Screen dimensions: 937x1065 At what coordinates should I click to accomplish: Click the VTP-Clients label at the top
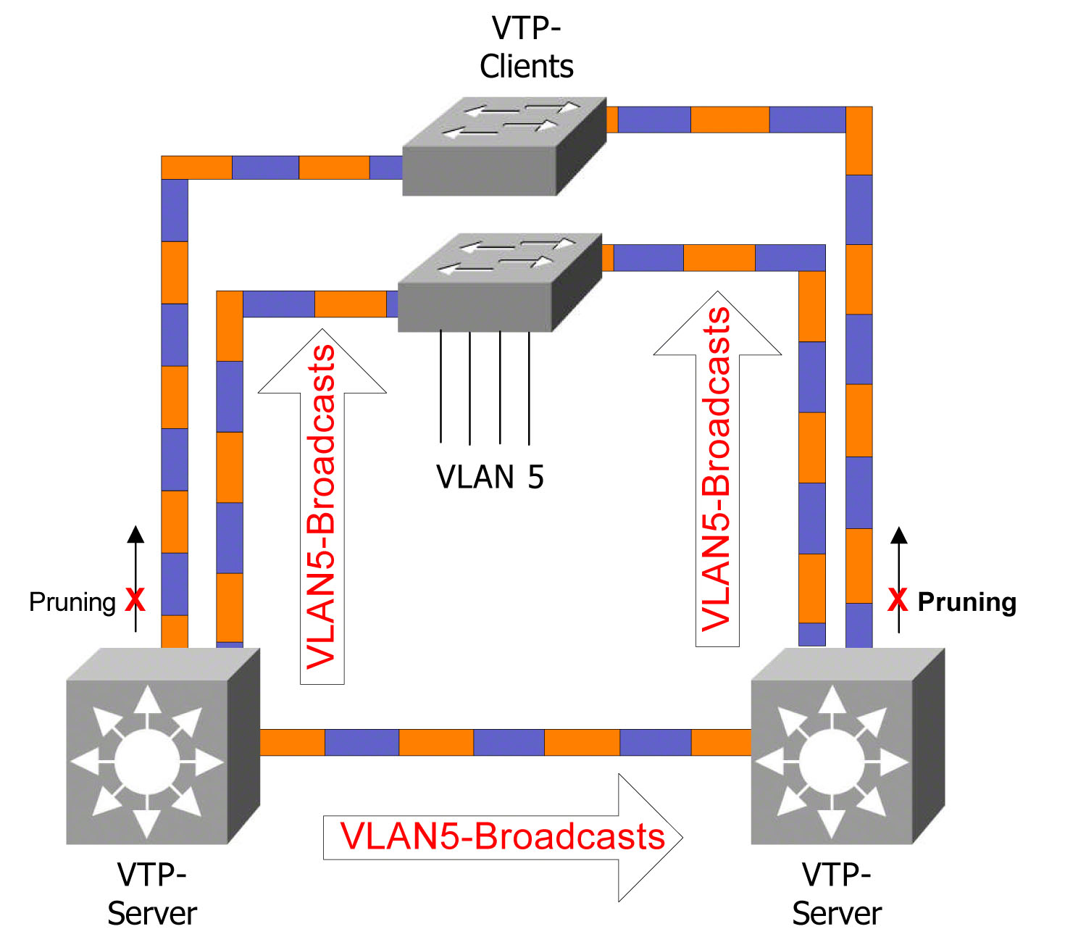(x=526, y=48)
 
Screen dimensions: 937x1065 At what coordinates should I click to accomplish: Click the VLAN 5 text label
(x=490, y=478)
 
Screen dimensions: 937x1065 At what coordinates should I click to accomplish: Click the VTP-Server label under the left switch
(x=152, y=894)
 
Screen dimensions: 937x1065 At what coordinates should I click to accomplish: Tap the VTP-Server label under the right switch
(x=837, y=894)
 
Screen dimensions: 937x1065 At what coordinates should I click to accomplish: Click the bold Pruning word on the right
(x=966, y=602)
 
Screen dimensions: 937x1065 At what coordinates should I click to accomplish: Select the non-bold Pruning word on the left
(x=72, y=602)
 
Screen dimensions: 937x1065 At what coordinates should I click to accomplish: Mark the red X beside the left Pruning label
(x=135, y=600)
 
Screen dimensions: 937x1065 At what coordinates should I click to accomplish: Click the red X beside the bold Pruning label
(x=898, y=600)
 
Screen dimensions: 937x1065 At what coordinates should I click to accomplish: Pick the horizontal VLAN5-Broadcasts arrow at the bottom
(x=503, y=837)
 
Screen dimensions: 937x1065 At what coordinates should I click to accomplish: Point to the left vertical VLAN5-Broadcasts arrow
(x=322, y=507)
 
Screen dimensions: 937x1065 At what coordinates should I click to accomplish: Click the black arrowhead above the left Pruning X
(x=135, y=535)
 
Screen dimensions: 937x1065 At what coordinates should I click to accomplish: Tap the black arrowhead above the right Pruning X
(x=899, y=536)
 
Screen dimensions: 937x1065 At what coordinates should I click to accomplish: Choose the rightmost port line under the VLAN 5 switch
(x=529, y=388)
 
